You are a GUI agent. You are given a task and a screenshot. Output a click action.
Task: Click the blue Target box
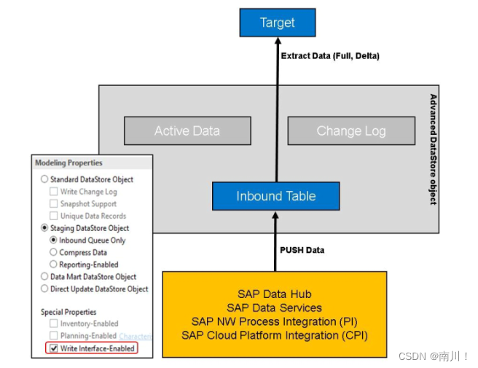pyautogui.click(x=278, y=23)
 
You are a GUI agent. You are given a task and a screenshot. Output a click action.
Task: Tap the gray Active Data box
pyautogui.click(x=187, y=131)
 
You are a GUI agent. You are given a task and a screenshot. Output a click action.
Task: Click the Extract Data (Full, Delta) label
pyautogui.click(x=330, y=55)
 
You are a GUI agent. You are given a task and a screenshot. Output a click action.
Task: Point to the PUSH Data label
pyautogui.click(x=302, y=250)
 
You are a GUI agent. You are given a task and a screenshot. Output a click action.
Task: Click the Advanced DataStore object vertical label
pyautogui.click(x=433, y=149)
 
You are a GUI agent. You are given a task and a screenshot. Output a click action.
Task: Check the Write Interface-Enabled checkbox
pyautogui.click(x=54, y=348)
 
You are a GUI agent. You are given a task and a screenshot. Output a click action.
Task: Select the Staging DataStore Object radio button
pyautogui.click(x=44, y=228)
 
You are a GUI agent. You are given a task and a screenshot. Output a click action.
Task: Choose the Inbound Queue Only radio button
pyautogui.click(x=54, y=240)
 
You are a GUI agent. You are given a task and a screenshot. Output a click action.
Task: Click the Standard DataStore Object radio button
pyautogui.click(x=44, y=179)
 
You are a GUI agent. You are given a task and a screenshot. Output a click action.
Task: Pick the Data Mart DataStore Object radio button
pyautogui.click(x=44, y=277)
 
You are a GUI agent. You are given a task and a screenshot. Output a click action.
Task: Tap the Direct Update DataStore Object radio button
pyautogui.click(x=44, y=289)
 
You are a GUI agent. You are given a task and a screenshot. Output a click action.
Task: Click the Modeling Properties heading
pyautogui.click(x=69, y=163)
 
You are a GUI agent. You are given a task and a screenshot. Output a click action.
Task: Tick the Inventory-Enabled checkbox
pyautogui.click(x=54, y=324)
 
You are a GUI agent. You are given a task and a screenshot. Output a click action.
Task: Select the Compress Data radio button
pyautogui.click(x=54, y=252)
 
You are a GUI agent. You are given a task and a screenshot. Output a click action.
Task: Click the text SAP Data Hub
pyautogui.click(x=274, y=294)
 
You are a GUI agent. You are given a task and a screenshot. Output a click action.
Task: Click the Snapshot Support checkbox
pyautogui.click(x=54, y=203)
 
